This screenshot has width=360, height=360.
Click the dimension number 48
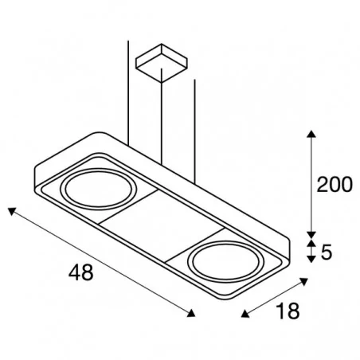[x=81, y=272]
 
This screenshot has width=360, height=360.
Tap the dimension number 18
[x=288, y=311]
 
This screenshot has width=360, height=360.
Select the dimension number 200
[x=335, y=185]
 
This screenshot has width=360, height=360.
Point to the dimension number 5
[x=327, y=252]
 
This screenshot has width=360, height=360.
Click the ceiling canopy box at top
[x=162, y=63]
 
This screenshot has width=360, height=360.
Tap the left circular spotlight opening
[x=99, y=190]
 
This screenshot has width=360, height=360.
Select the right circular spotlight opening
[x=226, y=262]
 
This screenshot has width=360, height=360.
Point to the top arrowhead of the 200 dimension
[x=311, y=134]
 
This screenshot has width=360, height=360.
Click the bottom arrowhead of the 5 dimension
[x=311, y=260]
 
